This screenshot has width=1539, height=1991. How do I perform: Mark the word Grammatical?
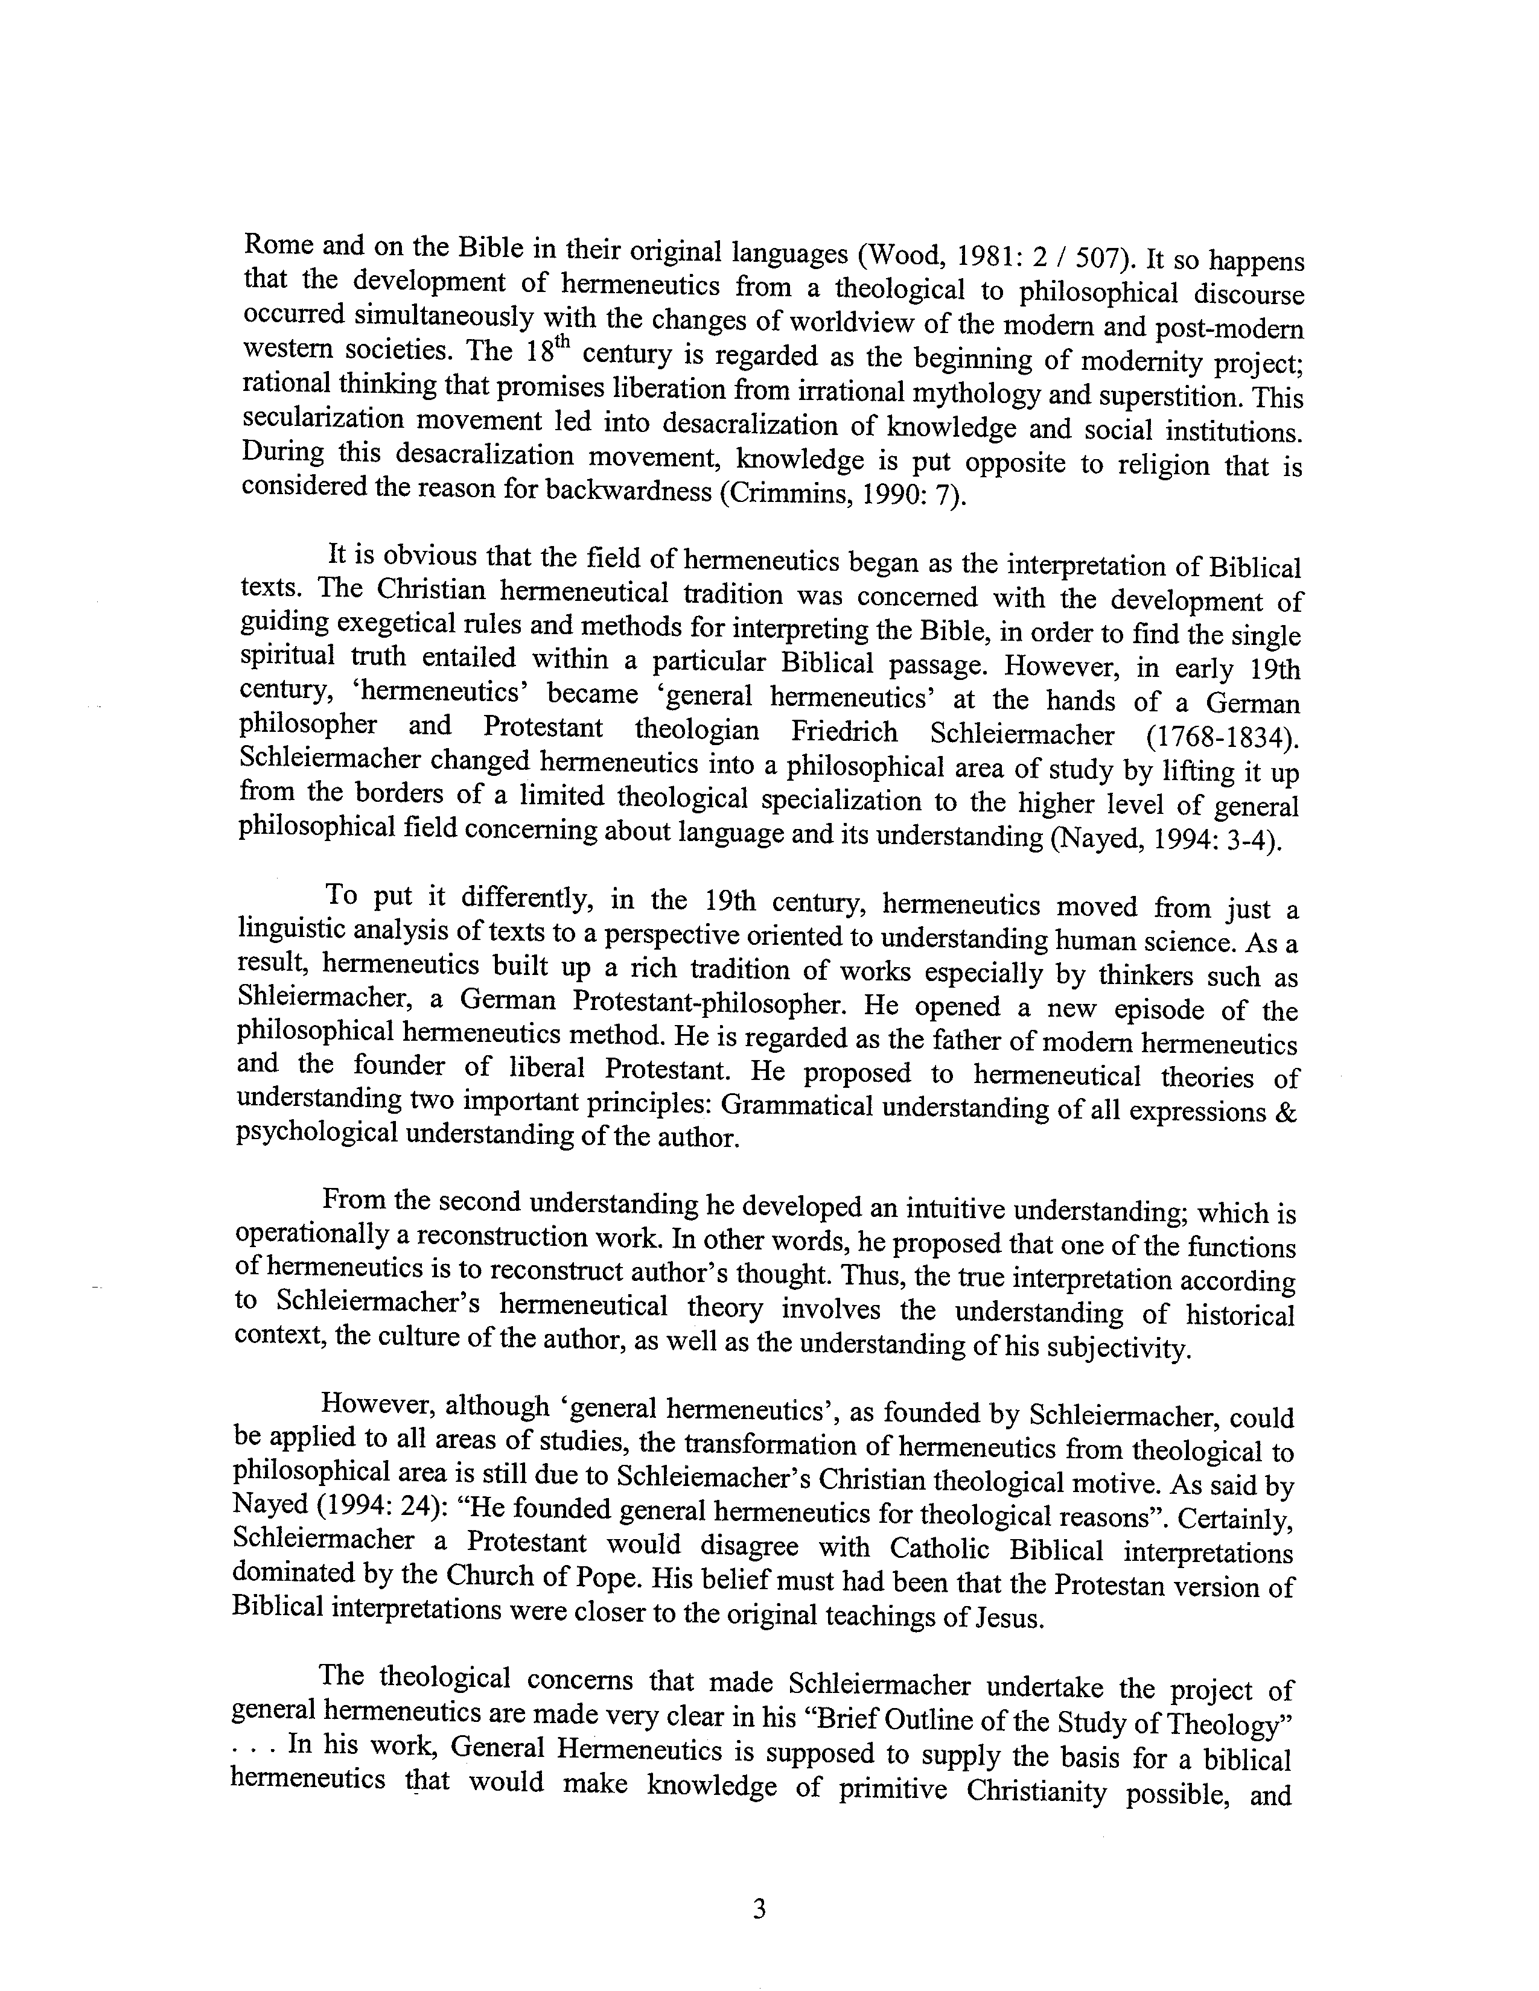(x=797, y=1107)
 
